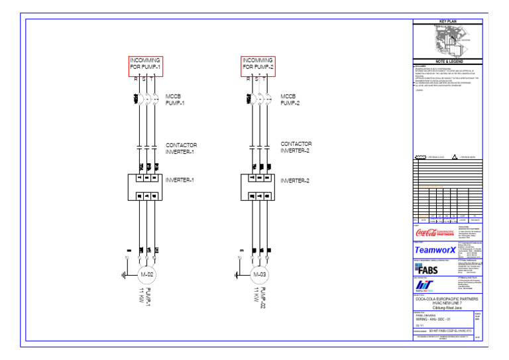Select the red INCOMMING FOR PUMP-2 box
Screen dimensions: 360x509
point(258,64)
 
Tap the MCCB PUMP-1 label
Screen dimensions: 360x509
point(176,100)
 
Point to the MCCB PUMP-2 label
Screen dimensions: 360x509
point(290,99)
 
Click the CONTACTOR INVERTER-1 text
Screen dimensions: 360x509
point(181,148)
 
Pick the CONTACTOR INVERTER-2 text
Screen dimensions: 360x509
point(295,147)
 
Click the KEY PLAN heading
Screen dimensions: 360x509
point(449,22)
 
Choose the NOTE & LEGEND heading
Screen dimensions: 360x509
point(449,62)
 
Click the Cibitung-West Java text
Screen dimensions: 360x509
point(449,307)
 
